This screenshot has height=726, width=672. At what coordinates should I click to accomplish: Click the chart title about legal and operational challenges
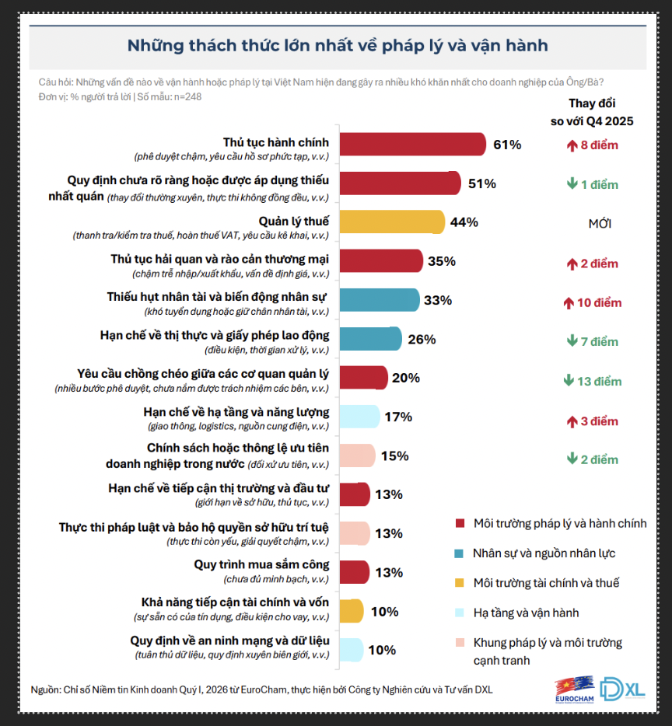click(337, 46)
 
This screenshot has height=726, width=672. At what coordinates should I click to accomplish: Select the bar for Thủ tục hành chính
click(413, 145)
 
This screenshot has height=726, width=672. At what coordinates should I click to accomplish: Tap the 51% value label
click(481, 184)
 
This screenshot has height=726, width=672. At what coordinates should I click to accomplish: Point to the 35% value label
click(441, 261)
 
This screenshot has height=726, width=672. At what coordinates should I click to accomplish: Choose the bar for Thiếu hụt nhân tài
click(379, 300)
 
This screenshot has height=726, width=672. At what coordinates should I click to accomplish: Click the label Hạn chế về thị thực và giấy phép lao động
click(215, 335)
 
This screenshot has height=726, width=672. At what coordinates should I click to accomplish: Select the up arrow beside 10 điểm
click(572, 302)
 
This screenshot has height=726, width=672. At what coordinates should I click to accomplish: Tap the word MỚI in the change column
click(600, 224)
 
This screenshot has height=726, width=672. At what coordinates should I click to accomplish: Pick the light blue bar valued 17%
click(359, 417)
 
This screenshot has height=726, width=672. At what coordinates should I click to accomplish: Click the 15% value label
click(394, 455)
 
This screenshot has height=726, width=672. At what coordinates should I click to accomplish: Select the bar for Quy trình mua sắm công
click(355, 572)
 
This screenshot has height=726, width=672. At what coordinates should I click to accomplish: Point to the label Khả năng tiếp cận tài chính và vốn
click(236, 602)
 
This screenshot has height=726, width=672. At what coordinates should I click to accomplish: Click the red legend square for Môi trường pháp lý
click(459, 524)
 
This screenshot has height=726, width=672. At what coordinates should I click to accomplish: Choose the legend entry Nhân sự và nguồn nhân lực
click(544, 553)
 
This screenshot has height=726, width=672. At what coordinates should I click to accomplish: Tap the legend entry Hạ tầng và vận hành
click(526, 613)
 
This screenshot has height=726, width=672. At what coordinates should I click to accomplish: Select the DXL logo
click(622, 687)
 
